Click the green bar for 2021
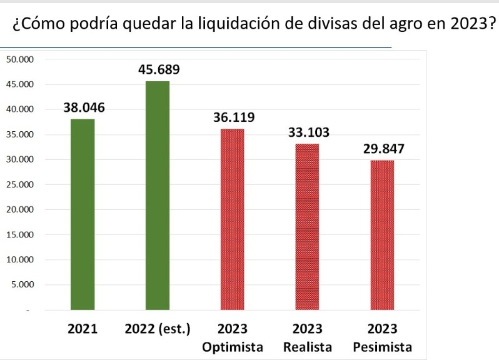[x=83, y=214]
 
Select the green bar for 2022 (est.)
[x=158, y=195]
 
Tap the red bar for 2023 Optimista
[x=233, y=219]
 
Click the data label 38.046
[x=84, y=107]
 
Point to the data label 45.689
[x=159, y=70]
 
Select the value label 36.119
[x=234, y=117]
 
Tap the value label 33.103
[x=308, y=132]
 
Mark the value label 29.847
[x=383, y=149]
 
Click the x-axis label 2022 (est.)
[x=158, y=329]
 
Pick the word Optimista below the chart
[x=233, y=347]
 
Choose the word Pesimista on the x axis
[x=382, y=347]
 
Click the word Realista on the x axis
[x=307, y=347]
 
